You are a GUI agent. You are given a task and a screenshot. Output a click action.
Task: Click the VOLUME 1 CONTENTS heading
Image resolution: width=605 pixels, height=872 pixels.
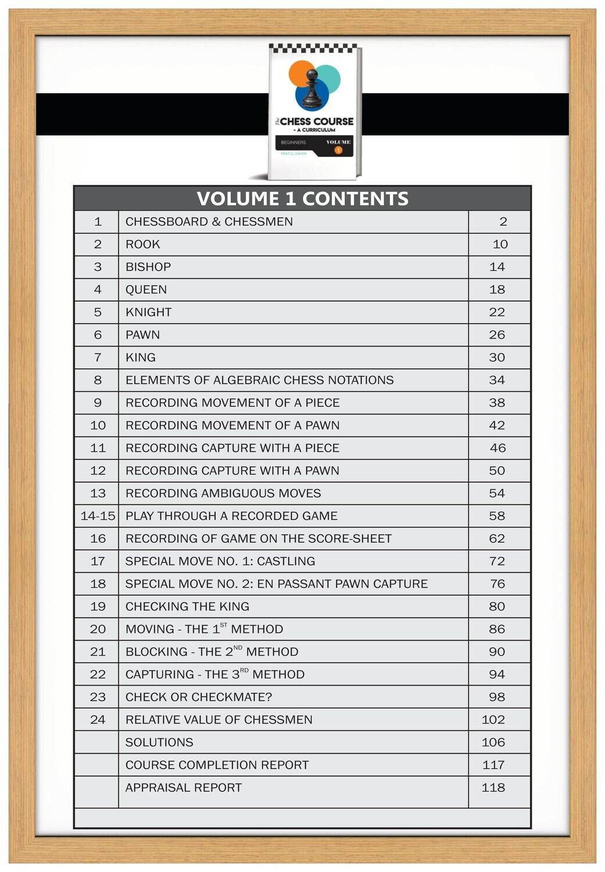302,199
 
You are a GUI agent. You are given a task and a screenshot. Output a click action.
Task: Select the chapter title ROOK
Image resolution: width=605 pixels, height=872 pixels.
142,244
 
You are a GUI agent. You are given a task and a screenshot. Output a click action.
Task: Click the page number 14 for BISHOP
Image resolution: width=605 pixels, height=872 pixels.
497,267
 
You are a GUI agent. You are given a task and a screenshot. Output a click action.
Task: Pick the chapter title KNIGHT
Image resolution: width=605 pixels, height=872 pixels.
148,312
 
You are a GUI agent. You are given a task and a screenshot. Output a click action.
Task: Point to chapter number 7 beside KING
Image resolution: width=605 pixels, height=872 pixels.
98,358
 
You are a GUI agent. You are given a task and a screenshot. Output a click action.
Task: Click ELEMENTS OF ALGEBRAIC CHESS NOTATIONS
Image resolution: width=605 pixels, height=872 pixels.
259,380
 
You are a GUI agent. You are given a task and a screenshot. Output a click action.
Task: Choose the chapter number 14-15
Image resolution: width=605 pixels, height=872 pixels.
98,516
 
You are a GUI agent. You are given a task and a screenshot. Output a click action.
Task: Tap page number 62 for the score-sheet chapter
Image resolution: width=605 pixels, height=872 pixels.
497,538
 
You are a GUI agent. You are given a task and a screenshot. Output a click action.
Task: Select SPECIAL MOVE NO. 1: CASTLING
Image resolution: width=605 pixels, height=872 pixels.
220,561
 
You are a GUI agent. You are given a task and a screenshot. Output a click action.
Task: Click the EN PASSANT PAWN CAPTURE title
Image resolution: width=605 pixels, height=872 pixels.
277,584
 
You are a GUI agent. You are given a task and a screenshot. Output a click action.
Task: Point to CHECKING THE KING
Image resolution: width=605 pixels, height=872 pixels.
187,606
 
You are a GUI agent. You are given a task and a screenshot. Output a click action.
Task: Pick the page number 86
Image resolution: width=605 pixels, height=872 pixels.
497,629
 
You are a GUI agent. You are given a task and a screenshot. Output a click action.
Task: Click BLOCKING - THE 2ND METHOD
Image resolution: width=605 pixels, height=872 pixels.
212,652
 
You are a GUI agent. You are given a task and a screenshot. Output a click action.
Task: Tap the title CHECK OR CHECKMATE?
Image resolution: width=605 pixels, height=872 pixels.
199,697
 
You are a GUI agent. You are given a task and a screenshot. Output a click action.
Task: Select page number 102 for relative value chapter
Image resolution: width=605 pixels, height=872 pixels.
493,720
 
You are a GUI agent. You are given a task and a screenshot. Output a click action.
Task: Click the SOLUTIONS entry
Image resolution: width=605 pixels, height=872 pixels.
159,742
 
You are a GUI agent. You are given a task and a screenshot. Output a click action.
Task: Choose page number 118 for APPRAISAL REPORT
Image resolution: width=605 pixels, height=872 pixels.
493,788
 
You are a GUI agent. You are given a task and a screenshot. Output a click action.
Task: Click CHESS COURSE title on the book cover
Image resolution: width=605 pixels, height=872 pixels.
316,121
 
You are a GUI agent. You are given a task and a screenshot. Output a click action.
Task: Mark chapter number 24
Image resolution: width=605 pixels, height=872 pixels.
98,720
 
